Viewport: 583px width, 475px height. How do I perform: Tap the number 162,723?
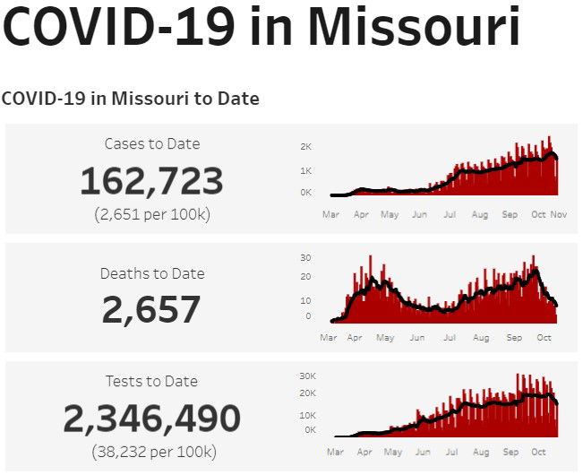pos(151,181)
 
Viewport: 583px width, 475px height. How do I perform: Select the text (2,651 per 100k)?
pos(151,214)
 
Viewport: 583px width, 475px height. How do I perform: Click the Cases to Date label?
pos(151,143)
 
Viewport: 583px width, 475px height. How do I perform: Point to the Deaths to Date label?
pos(151,273)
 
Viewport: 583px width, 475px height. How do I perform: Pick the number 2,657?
pos(151,310)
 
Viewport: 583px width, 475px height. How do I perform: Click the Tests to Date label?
pos(151,381)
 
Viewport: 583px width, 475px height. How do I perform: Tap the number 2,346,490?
pos(151,419)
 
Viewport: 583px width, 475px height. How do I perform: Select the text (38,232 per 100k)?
pos(151,452)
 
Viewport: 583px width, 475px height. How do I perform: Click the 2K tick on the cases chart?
pos(305,146)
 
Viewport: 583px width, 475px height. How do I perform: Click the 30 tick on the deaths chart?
pos(305,257)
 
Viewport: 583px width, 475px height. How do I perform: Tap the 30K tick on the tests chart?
pos(307,376)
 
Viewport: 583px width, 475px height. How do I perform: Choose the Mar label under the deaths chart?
pos(330,338)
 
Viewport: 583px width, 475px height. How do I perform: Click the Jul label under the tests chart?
pos(450,453)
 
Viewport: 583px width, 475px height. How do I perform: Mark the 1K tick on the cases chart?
pos(305,170)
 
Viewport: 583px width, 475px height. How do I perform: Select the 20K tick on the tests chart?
pos(307,393)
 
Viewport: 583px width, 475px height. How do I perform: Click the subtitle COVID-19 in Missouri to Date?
pos(131,99)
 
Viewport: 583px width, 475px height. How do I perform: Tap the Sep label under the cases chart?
pos(510,215)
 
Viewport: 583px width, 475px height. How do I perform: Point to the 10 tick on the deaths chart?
pos(305,300)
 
